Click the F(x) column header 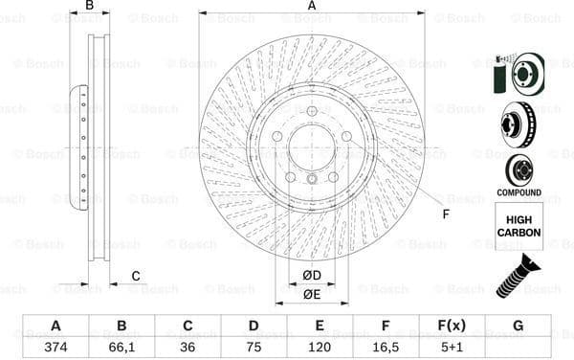click(x=452, y=326)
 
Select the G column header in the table click(x=518, y=326)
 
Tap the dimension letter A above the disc click(x=312, y=6)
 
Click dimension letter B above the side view click(x=90, y=6)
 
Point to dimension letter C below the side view click(x=136, y=277)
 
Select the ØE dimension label click(x=312, y=295)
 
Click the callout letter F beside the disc click(x=445, y=214)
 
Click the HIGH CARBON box click(x=519, y=226)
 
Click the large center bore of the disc click(x=312, y=149)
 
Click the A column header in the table click(x=56, y=326)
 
